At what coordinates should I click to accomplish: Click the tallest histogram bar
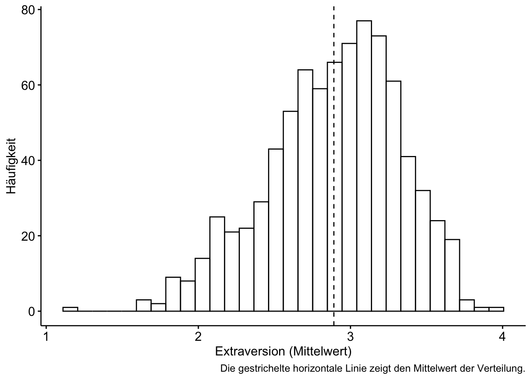[364, 166]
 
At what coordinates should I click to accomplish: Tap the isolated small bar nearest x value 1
[70, 309]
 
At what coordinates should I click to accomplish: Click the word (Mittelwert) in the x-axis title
[320, 351]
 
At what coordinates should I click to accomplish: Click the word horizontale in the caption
[317, 369]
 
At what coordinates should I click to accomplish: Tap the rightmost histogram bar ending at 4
[496, 309]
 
